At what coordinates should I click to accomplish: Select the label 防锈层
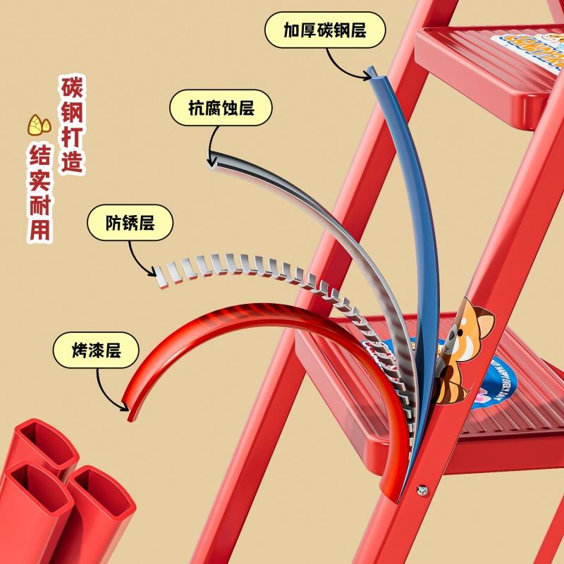click(x=130, y=223)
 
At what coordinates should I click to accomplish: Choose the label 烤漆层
click(x=97, y=350)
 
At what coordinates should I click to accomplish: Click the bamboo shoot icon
click(x=39, y=125)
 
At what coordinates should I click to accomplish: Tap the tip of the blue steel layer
click(x=371, y=72)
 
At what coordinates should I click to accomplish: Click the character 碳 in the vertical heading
click(x=72, y=89)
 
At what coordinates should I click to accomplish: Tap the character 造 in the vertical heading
click(x=72, y=161)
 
